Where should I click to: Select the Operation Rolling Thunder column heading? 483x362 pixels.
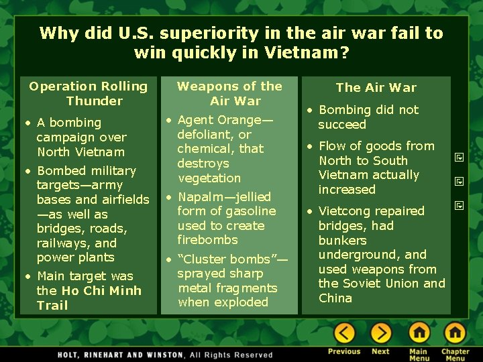point(89,93)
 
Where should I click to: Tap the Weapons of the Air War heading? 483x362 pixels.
point(229,93)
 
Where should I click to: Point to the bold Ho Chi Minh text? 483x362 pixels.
point(101,290)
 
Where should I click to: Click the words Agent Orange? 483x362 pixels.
point(221,120)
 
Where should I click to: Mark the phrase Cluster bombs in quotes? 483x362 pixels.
point(228,259)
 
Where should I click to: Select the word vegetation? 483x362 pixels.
point(209,178)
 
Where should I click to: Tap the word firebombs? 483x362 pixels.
point(207,240)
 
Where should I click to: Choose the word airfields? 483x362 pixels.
point(125,200)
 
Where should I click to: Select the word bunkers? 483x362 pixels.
point(342,240)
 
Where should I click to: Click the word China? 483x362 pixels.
point(335,298)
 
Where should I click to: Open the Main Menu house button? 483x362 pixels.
point(419,333)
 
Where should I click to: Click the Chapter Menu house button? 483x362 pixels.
point(455,333)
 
